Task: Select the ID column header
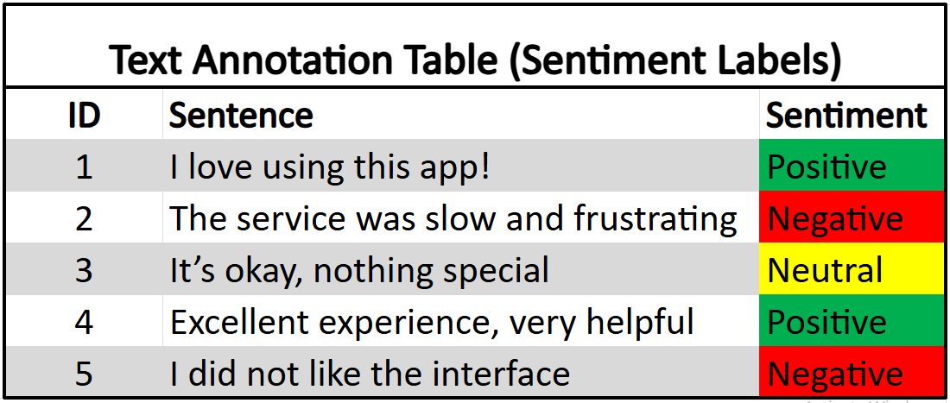coord(84,116)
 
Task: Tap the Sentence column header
coord(241,116)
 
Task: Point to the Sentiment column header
coord(846,116)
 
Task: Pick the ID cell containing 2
coord(84,217)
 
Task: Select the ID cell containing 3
coord(84,269)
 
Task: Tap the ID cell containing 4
coord(84,321)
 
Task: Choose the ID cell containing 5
coord(84,372)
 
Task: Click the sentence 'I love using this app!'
coord(330,167)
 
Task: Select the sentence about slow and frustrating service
coord(453,219)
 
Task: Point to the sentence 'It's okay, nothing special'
coord(359,270)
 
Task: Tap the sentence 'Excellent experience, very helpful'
coord(431,322)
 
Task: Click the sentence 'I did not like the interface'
coord(370,373)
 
